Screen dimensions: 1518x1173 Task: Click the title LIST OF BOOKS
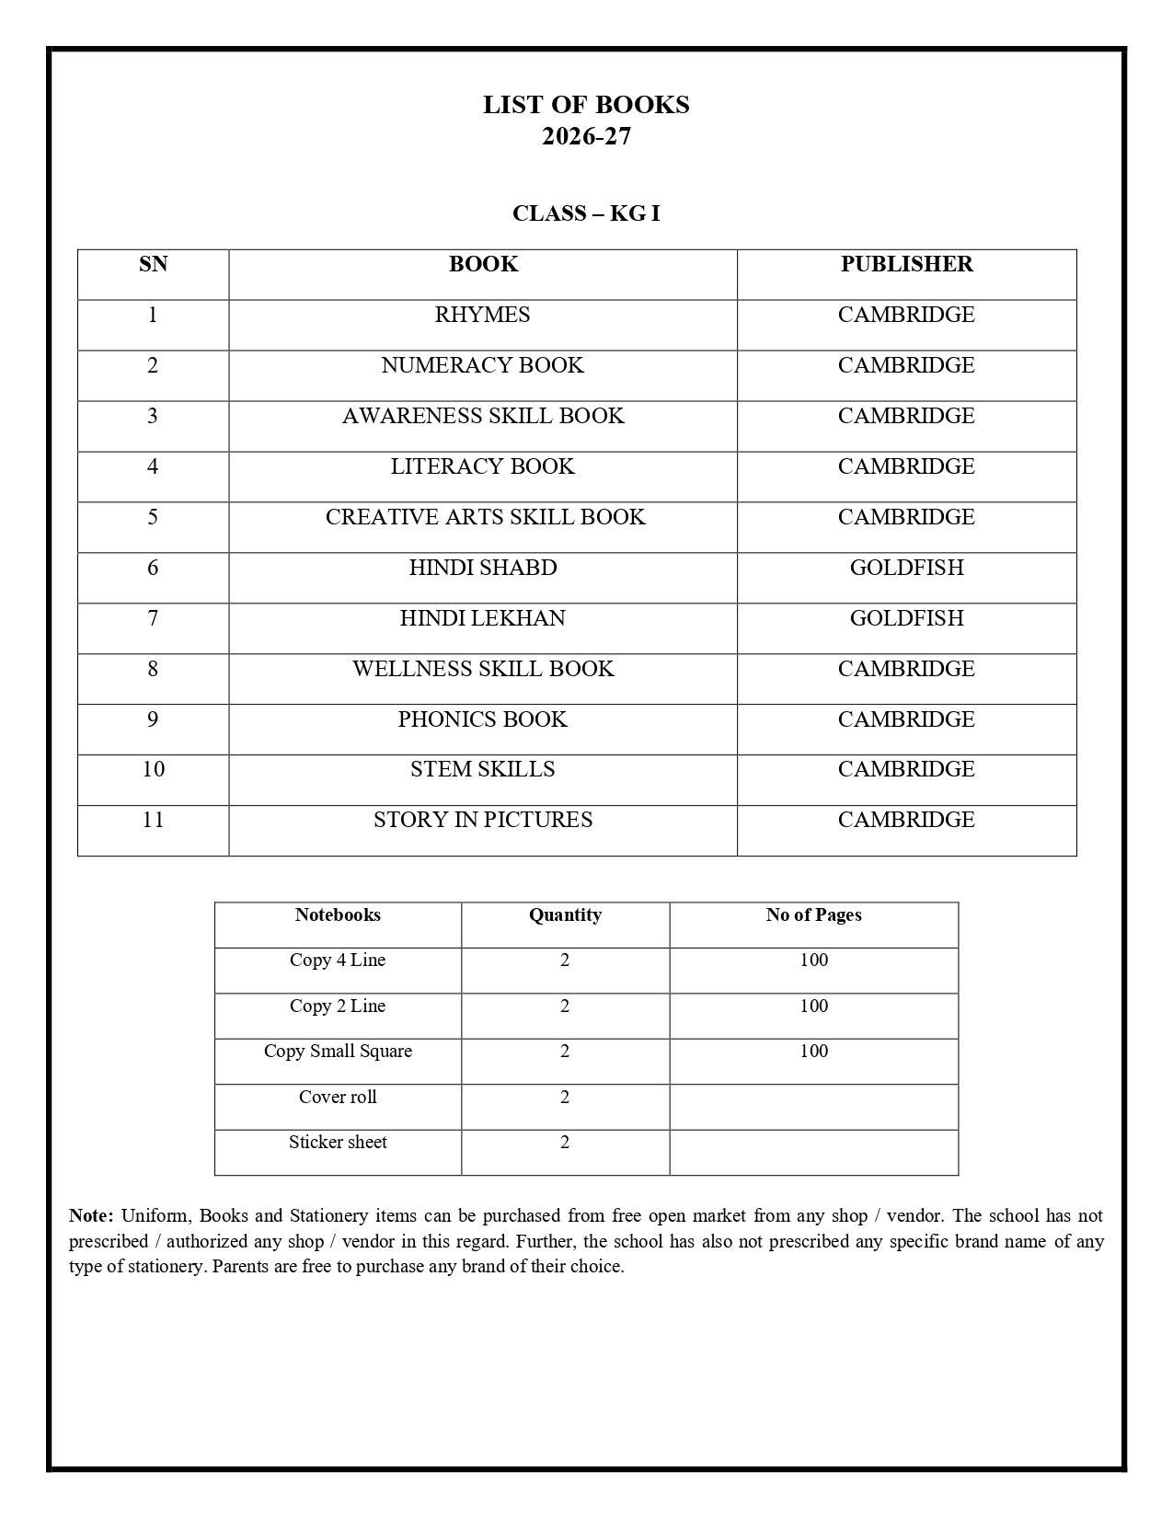point(586,105)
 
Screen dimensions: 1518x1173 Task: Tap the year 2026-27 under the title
point(586,136)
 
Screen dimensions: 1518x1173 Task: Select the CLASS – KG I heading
point(586,213)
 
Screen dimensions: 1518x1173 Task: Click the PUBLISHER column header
point(906,265)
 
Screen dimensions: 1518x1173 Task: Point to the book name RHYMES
point(482,315)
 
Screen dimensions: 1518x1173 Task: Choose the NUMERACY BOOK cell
point(482,365)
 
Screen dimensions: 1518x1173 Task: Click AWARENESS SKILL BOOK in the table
point(483,416)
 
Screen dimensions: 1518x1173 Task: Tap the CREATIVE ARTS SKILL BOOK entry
point(485,517)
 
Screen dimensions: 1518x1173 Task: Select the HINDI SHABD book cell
point(483,568)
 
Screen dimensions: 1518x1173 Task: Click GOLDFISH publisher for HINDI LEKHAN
point(906,618)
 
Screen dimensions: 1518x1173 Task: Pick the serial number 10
point(153,769)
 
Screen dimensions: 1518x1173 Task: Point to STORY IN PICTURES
point(483,820)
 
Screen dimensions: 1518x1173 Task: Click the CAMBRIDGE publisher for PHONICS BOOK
point(906,719)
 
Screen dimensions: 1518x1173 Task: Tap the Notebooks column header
point(338,915)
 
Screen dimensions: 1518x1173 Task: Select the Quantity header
point(565,915)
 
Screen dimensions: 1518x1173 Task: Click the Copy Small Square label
point(338,1052)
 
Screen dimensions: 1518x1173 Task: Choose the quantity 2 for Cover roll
point(565,1097)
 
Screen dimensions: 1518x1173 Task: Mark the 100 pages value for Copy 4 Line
point(813,960)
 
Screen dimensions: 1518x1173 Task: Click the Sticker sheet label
point(338,1143)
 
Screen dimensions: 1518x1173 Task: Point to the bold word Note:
point(91,1216)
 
